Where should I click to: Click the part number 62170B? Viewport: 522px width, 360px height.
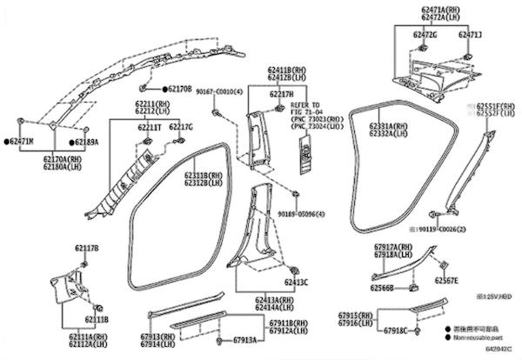pos(179,89)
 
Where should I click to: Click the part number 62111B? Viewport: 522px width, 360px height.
pos(97,319)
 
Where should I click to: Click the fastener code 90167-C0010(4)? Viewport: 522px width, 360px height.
pos(218,90)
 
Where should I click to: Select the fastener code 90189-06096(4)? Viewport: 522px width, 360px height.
pos(302,214)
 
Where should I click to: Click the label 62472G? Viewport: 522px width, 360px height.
pos(425,34)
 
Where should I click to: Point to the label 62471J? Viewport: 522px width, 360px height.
pos(470,34)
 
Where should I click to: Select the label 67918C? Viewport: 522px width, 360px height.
pos(392,331)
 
